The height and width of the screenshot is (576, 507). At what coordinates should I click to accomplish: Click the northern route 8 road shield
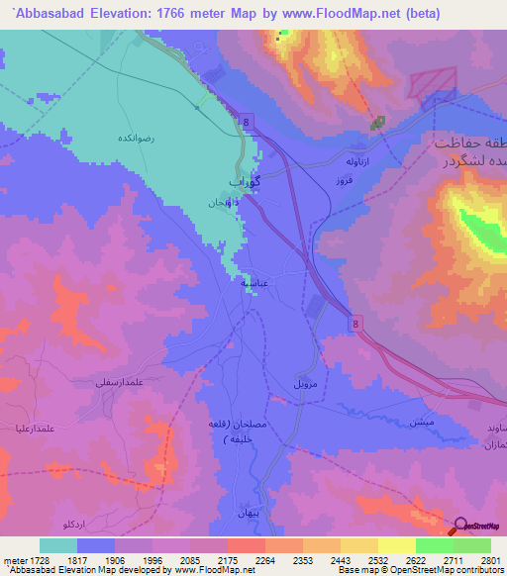click(247, 120)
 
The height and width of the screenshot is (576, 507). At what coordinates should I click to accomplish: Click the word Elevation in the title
click(103, 14)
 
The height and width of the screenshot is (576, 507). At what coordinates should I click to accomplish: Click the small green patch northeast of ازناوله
click(377, 124)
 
